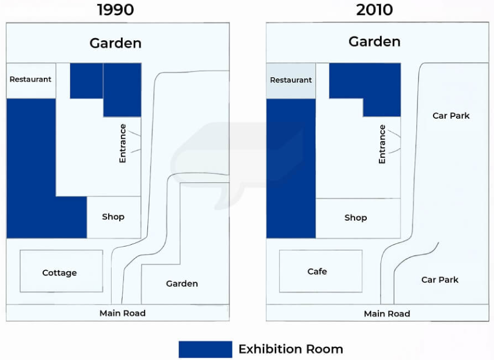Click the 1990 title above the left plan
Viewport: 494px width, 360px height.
click(x=116, y=10)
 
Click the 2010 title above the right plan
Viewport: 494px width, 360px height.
click(x=375, y=10)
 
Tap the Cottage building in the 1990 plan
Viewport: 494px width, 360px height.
click(x=62, y=271)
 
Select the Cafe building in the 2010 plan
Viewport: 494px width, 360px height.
click(x=321, y=271)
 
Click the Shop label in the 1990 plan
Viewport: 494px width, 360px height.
click(x=113, y=217)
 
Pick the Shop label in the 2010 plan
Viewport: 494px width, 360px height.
click(x=356, y=218)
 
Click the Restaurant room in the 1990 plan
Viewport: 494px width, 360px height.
click(x=31, y=81)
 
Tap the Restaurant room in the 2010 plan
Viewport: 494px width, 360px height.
click(x=291, y=81)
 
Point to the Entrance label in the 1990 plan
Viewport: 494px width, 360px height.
click(x=123, y=143)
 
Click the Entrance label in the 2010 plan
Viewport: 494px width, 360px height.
click(x=382, y=144)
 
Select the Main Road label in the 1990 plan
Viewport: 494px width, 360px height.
click(x=123, y=313)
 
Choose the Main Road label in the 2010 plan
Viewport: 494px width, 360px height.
click(x=387, y=314)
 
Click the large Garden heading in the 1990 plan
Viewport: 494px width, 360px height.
click(x=115, y=43)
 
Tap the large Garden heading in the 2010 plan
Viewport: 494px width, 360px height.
click(x=374, y=41)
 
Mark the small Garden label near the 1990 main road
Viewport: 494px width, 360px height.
click(x=182, y=284)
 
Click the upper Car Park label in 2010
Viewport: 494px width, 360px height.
click(x=451, y=116)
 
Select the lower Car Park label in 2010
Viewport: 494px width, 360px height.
click(x=440, y=279)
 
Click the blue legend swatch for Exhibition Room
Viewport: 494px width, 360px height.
click(x=206, y=349)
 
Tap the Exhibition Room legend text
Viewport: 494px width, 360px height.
click(x=291, y=349)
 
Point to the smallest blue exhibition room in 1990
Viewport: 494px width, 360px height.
click(x=86, y=81)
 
